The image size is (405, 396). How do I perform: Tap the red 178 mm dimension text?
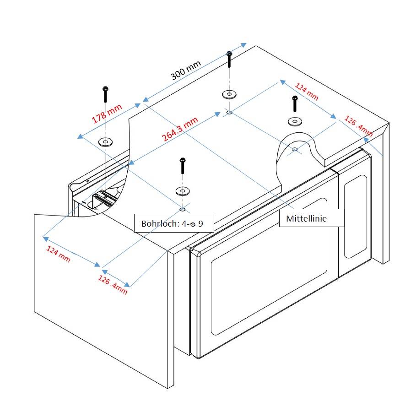(x=107, y=113)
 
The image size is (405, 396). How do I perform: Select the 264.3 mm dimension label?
(x=180, y=129)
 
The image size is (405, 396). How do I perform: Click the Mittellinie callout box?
(x=306, y=219)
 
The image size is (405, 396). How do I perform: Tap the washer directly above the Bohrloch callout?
(x=183, y=190)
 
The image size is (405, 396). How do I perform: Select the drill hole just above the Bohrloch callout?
(x=183, y=209)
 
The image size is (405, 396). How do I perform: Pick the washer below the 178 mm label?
(x=106, y=142)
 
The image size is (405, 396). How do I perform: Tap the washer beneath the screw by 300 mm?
(x=229, y=95)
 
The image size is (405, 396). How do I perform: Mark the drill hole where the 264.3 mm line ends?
(x=229, y=112)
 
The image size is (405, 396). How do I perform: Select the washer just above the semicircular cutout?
(x=295, y=121)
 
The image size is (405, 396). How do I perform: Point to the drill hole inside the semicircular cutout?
(x=295, y=149)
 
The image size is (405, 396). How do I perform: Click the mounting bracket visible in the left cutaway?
(x=103, y=198)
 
